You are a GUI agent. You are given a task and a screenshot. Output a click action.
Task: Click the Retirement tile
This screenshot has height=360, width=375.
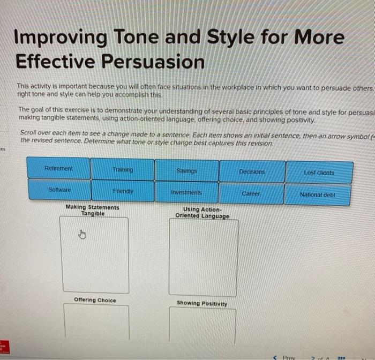pyautogui.click(x=59, y=168)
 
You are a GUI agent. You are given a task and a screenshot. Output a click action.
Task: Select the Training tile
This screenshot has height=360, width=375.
pyautogui.click(x=122, y=169)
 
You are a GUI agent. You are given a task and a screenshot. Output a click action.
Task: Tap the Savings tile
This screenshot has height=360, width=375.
pyautogui.click(x=186, y=170)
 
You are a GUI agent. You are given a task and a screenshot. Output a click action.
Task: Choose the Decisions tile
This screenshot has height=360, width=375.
pyautogui.click(x=251, y=172)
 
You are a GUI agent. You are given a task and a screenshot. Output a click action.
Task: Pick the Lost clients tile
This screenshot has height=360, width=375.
pyautogui.click(x=319, y=172)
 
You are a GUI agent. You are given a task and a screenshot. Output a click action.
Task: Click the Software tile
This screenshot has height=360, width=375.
pyautogui.click(x=59, y=190)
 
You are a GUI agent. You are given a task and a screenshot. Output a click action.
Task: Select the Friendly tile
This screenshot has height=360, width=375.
pyautogui.click(x=123, y=191)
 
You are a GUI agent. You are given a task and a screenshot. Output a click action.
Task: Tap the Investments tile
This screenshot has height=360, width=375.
pyautogui.click(x=186, y=192)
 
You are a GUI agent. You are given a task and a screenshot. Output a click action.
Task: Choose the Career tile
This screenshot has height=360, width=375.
pyautogui.click(x=251, y=193)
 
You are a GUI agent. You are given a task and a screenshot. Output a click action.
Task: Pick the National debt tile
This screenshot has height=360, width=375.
pyautogui.click(x=318, y=194)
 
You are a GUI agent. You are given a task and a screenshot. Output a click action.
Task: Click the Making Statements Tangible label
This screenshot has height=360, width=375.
pyautogui.click(x=92, y=210)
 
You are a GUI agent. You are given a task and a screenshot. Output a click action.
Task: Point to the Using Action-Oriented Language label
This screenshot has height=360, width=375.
pyautogui.click(x=202, y=213)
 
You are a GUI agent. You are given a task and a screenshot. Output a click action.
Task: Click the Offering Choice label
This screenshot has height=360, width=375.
pyautogui.click(x=95, y=300)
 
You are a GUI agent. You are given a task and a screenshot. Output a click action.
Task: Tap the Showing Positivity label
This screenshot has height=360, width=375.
pyautogui.click(x=202, y=303)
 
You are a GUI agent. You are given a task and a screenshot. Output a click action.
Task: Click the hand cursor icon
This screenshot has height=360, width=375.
pyautogui.click(x=82, y=234)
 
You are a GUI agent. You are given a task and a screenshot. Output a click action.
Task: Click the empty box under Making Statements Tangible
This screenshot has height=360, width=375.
pyautogui.click(x=95, y=254)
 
